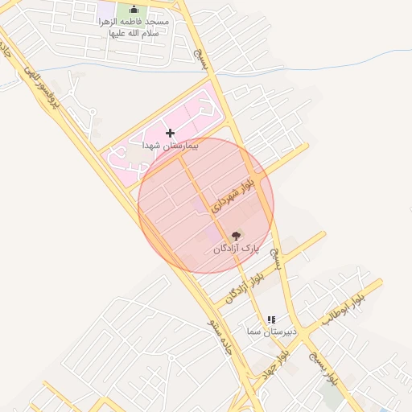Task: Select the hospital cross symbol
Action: (x=170, y=132)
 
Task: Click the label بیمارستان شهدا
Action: (x=170, y=146)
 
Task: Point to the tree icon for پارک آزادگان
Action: (x=236, y=236)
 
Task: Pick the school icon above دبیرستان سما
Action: (x=271, y=319)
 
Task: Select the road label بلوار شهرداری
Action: (x=233, y=193)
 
